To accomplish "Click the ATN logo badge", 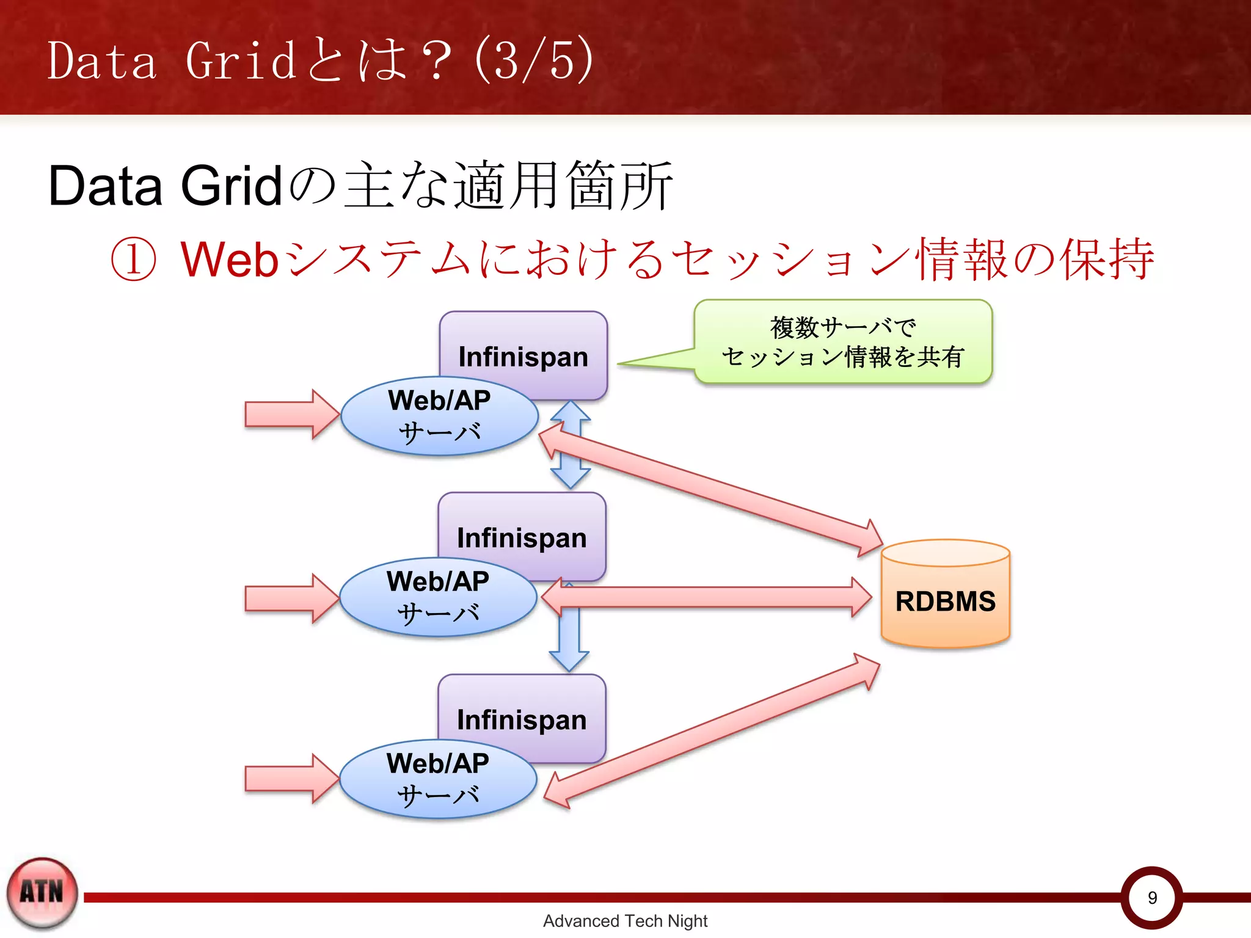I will (42, 893).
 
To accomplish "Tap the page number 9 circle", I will (1151, 897).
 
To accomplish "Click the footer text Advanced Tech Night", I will (625, 921).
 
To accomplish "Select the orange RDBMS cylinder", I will (945, 601).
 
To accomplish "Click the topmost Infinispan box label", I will (523, 357).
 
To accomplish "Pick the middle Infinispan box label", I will (522, 538).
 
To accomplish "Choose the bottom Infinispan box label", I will (522, 719).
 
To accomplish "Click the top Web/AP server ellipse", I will (439, 416).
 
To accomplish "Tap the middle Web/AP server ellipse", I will (438, 597).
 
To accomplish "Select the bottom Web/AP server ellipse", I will (438, 779).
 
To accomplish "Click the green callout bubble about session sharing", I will (843, 342).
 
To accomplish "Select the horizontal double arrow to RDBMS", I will (706, 597).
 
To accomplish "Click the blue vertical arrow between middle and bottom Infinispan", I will (569, 641).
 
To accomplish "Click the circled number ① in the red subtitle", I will (133, 259).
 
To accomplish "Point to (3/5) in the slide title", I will (533, 60).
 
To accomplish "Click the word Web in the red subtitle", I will (229, 260).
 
